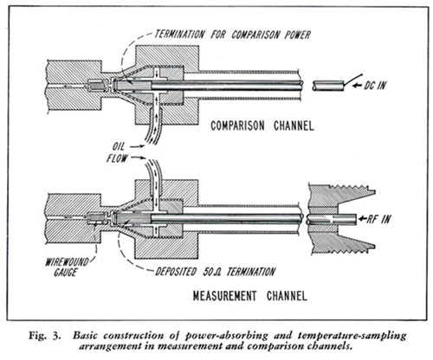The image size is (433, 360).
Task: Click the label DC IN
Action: (374, 86)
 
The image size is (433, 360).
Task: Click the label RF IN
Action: (378, 219)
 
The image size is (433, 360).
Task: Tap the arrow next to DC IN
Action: (358, 85)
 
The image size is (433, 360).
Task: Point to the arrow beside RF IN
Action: (362, 219)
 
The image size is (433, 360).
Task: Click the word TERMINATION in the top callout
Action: (179, 35)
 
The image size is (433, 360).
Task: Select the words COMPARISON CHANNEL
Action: (262, 125)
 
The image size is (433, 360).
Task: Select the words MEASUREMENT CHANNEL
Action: (249, 296)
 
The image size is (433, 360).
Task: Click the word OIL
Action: (119, 146)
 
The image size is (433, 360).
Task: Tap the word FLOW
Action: (117, 158)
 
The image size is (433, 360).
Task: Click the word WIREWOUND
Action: (67, 262)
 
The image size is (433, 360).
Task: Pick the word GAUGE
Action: (66, 273)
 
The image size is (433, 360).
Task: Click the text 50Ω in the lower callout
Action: (212, 272)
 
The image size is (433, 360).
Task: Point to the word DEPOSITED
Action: (176, 272)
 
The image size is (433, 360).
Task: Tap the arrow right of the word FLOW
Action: (138, 157)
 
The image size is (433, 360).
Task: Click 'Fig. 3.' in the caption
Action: (45, 336)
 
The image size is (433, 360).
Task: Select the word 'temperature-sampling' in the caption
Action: (352, 336)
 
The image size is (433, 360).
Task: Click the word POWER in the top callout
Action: (298, 35)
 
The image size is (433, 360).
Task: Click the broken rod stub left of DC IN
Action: (328, 86)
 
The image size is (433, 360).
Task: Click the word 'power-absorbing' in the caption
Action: (226, 336)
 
